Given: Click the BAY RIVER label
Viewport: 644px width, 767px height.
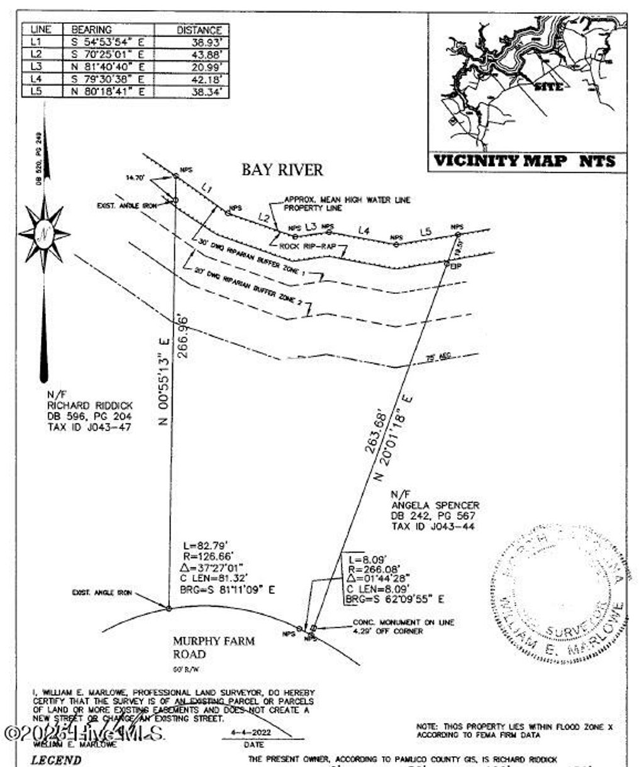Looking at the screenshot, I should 282,169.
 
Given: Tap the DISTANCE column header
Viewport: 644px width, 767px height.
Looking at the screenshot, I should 199,30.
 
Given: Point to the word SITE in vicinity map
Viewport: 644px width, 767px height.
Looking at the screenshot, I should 548,87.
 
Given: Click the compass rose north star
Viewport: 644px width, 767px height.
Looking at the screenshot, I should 44,234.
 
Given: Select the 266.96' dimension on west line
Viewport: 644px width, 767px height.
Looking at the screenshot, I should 183,336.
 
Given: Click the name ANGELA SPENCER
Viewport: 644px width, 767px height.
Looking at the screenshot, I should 435,505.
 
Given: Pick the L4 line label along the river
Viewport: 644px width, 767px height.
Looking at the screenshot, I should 364,231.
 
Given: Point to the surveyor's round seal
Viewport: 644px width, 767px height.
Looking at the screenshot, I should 560,591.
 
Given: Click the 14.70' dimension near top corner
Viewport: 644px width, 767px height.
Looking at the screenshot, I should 135,178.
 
